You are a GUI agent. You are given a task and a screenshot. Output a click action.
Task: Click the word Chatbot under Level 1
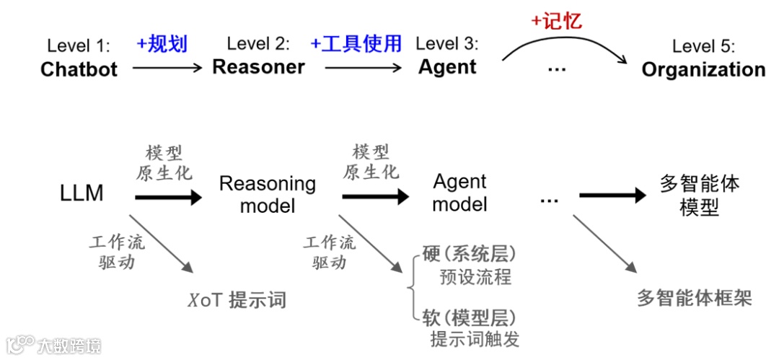[79, 69]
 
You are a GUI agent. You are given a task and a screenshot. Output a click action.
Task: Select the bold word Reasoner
[258, 67]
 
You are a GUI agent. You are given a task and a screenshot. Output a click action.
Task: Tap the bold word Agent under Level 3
[447, 67]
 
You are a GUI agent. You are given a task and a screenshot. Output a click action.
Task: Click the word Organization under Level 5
[703, 69]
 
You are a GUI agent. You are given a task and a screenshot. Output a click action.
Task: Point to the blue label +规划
[162, 44]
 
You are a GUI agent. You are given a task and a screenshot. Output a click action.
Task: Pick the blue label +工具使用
[356, 43]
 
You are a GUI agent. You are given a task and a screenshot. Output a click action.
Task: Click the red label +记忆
[556, 21]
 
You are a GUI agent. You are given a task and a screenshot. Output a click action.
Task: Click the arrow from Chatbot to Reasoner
[167, 69]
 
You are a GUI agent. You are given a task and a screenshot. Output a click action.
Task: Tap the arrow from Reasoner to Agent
[362, 69]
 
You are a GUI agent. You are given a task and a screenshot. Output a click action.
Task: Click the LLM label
[82, 193]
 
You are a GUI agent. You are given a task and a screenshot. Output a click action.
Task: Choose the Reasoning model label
[267, 194]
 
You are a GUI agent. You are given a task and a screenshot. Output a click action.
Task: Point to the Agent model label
[459, 193]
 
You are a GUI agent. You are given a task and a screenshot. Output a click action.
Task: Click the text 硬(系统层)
[470, 256]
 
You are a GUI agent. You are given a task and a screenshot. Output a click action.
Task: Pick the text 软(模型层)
[470, 317]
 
